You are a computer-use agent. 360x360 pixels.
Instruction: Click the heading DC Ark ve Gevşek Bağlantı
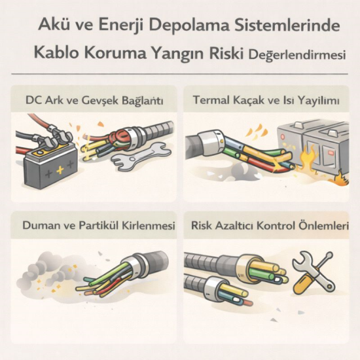(x=94, y=101)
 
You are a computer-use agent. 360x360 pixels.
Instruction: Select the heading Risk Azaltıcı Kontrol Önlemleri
(x=269, y=226)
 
